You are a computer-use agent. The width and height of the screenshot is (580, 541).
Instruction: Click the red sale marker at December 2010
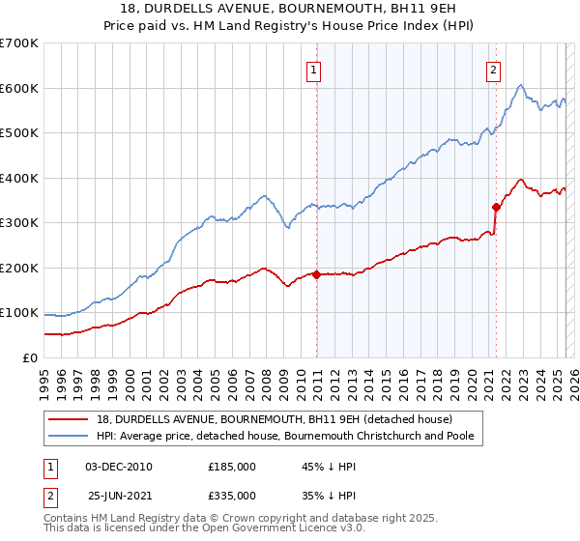point(316,274)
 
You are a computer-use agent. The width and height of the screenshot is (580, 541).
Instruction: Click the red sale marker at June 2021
point(496,206)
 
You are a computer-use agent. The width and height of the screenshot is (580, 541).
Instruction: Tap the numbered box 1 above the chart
point(316,69)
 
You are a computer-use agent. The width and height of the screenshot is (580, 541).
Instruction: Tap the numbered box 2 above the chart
point(494,69)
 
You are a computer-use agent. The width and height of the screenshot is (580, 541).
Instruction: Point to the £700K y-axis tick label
point(19,43)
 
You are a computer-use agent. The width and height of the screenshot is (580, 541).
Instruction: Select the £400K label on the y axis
point(19,178)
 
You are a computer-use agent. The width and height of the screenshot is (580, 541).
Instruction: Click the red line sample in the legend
point(70,418)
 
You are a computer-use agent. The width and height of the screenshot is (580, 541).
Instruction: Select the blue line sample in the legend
point(70,437)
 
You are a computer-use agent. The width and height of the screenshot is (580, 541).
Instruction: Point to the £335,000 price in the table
point(232,496)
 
